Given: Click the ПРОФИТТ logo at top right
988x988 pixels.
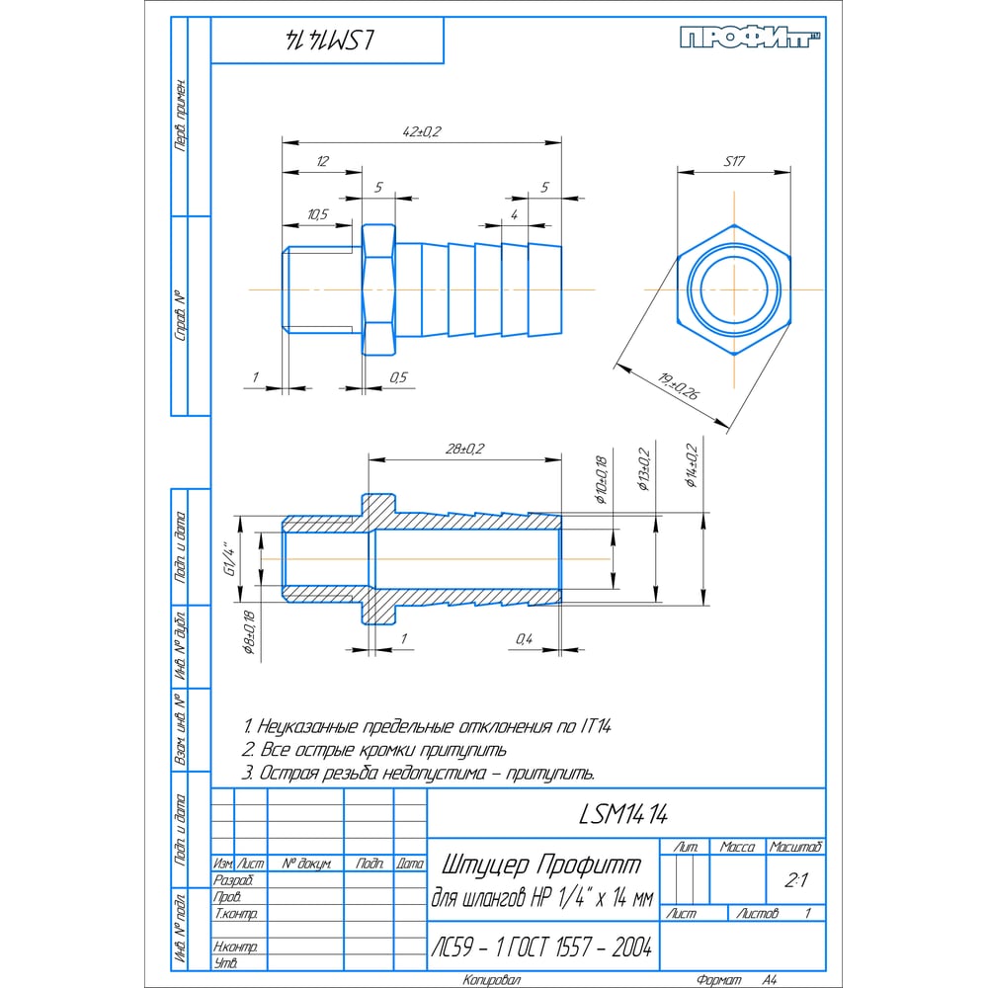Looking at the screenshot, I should pyautogui.click(x=752, y=39).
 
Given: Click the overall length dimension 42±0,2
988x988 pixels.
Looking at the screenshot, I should pyautogui.click(x=422, y=132).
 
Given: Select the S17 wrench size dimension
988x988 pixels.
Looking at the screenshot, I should pyautogui.click(x=733, y=161).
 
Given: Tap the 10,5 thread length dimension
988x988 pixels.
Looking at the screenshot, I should pyautogui.click(x=317, y=214).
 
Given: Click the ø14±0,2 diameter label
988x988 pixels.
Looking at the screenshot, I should pyautogui.click(x=692, y=466).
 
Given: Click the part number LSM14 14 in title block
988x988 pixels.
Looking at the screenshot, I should pyautogui.click(x=624, y=814).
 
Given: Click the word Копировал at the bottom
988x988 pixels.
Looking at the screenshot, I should pyautogui.click(x=493, y=980).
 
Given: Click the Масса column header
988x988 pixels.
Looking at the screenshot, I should pyautogui.click(x=737, y=847).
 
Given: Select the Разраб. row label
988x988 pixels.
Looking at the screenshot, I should pyautogui.click(x=233, y=879).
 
